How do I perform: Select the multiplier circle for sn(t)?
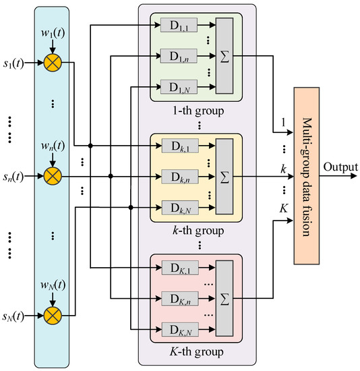click(51, 177)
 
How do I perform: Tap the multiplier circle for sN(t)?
click(51, 314)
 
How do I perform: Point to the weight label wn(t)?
click(51, 145)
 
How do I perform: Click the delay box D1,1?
click(179, 25)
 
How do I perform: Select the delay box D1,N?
click(179, 87)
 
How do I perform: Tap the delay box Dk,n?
click(179, 177)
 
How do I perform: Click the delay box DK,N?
click(179, 329)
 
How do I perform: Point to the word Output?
click(340, 166)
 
